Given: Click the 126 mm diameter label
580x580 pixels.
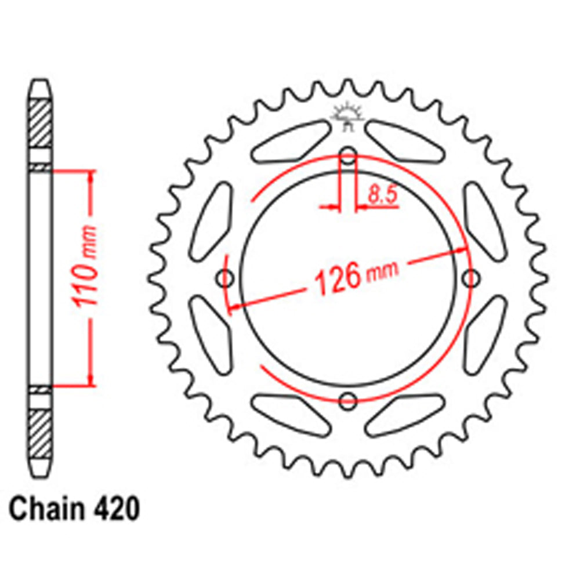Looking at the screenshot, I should point(355,277).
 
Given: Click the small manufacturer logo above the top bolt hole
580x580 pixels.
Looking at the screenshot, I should point(347,116).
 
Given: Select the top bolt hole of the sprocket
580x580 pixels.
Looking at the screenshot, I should point(348,156).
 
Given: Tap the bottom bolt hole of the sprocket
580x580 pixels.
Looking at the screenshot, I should point(348,400).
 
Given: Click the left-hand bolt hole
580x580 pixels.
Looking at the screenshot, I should point(226,279).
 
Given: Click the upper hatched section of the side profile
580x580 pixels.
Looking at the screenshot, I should point(41,124).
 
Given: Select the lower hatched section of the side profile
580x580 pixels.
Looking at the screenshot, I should point(41,433).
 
